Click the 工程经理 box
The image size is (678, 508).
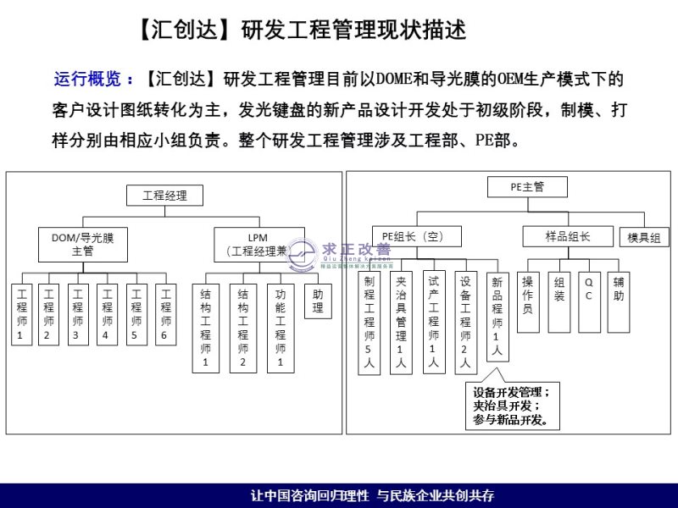click(165, 196)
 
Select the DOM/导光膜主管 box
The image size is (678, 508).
click(82, 244)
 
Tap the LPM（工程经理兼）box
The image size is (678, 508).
click(258, 244)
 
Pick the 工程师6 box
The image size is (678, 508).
click(166, 314)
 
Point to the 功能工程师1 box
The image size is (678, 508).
click(281, 328)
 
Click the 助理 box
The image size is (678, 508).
click(318, 302)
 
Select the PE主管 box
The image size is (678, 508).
click(527, 188)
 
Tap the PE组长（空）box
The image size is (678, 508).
click(408, 236)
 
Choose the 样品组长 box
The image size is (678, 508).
click(567, 236)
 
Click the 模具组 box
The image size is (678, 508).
click(642, 238)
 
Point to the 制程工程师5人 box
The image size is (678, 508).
click(369, 322)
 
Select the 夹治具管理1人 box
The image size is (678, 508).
click(401, 322)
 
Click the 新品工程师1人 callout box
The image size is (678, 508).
click(497, 315)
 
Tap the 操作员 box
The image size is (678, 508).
click(528, 295)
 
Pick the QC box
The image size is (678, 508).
click(588, 295)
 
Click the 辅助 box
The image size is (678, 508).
click(619, 295)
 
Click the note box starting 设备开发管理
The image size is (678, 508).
click(510, 406)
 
